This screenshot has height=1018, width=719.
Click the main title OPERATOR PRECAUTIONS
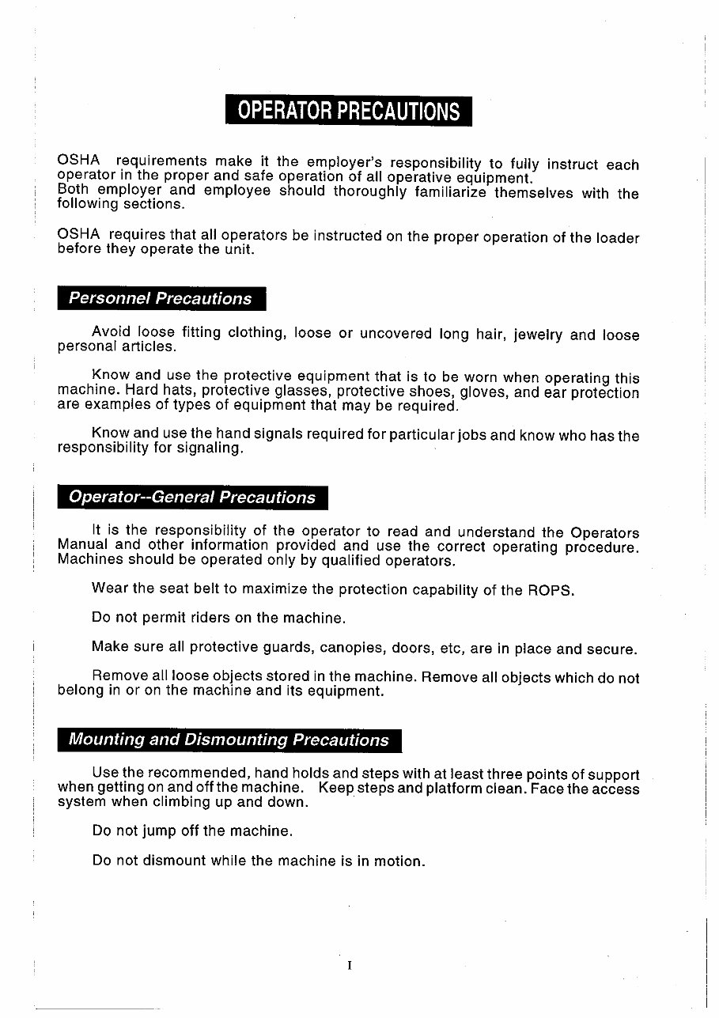pos(348,111)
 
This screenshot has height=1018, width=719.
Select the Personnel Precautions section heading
pos(161,299)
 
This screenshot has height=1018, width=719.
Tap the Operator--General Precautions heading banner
pos(192,498)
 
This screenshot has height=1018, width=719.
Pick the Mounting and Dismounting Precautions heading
pos(229,740)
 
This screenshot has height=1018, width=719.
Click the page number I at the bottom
pos(349,965)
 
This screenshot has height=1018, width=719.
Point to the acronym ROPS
pos(551,590)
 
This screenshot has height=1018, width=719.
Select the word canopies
pos(352,649)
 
